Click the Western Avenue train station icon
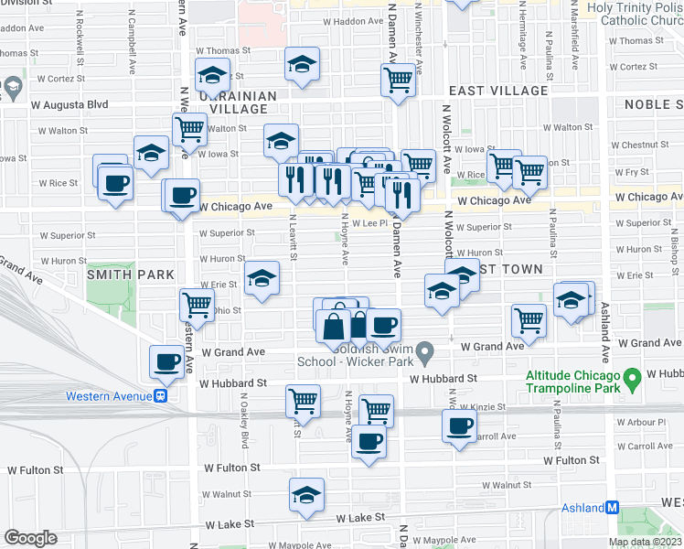tap(160, 396)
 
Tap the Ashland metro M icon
tap(613, 507)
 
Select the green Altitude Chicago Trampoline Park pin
tap(631, 378)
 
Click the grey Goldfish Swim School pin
tap(424, 351)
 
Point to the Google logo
tap(30, 538)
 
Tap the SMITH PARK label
tap(131, 274)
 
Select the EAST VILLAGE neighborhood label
tap(498, 91)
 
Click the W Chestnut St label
tap(644, 144)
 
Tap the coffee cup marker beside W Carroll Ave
tap(459, 425)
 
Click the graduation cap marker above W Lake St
tap(306, 495)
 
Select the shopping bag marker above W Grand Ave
tap(333, 325)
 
